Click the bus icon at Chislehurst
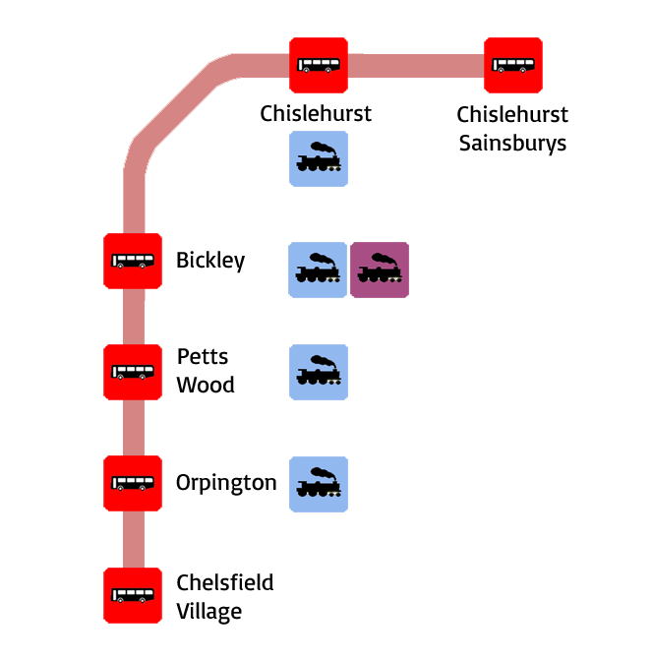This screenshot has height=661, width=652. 319,66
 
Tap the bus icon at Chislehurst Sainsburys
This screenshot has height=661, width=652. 513,66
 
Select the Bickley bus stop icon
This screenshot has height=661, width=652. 133,261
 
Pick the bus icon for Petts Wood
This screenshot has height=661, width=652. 133,372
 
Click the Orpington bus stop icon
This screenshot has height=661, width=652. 133,483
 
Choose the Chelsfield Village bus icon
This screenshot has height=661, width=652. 133,594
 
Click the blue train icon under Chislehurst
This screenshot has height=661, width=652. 319,158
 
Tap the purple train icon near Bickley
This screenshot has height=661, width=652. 380,270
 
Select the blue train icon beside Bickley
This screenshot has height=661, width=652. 319,270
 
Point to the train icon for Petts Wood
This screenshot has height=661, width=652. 319,372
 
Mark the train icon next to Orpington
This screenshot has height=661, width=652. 319,483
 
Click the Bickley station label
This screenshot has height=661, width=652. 210,261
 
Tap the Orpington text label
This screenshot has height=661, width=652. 226,484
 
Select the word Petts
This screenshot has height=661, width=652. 203,357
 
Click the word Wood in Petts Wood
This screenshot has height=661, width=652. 206,385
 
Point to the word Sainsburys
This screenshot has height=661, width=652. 513,144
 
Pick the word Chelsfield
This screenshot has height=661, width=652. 225,582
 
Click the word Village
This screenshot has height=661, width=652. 209,611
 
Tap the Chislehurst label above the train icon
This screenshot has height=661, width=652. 316,114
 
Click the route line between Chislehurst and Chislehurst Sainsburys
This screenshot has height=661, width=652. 416,66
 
